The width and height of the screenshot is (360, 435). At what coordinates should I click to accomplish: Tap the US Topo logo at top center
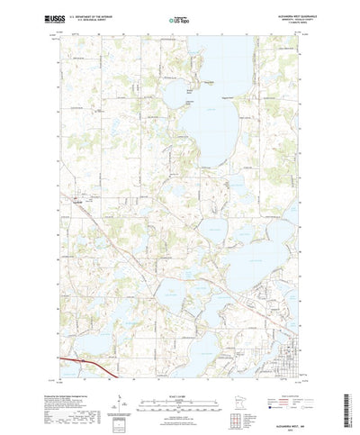(x=180, y=17)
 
